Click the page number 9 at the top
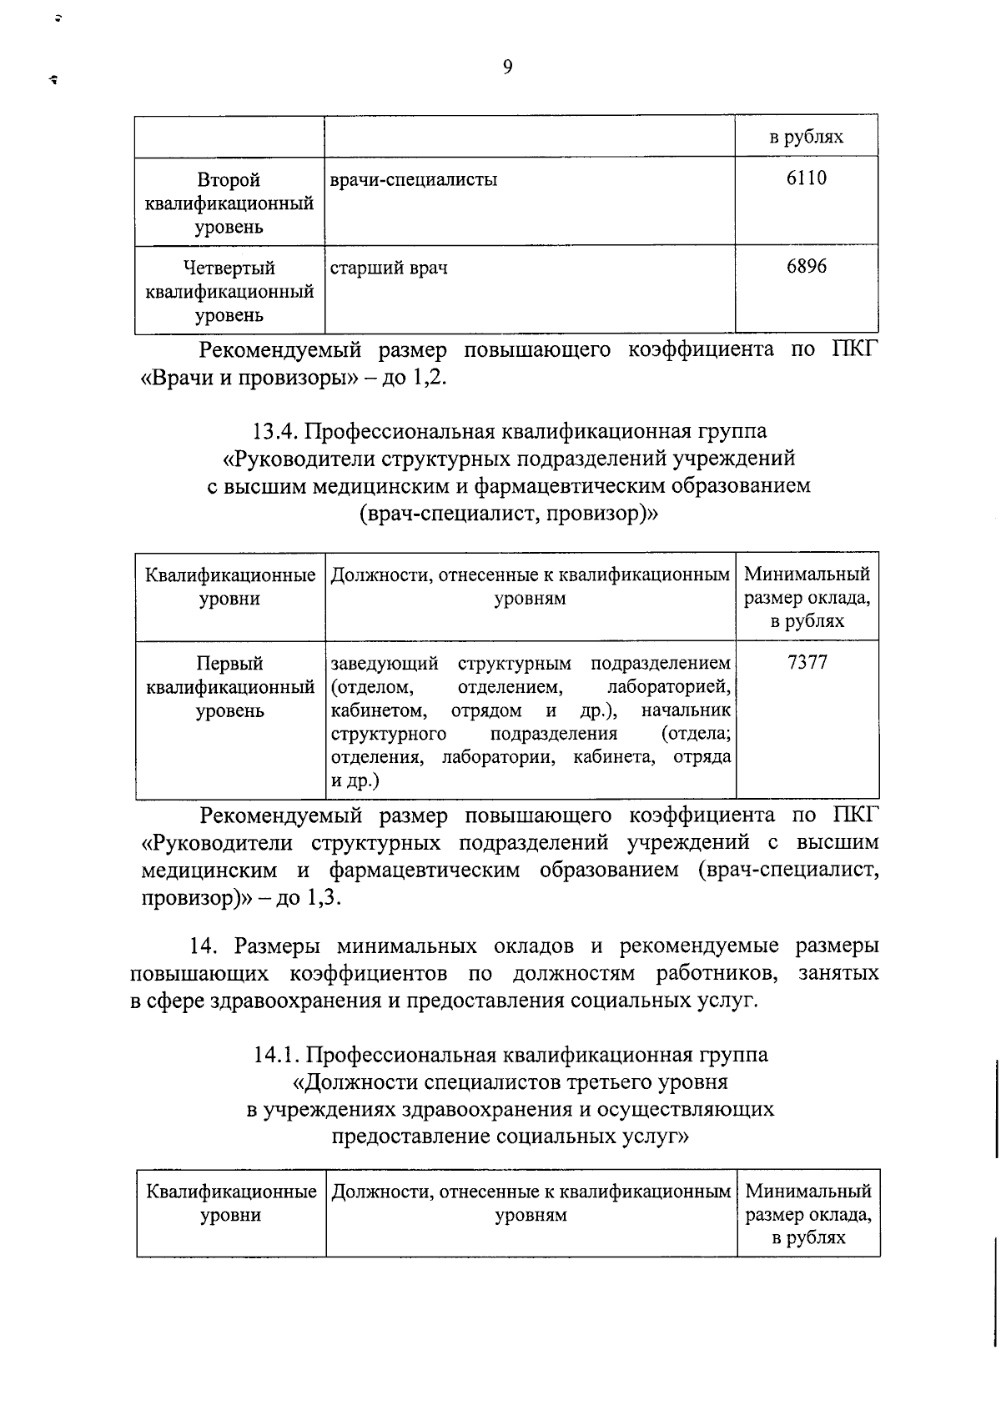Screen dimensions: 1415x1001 (507, 68)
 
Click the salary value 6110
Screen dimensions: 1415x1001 (806, 178)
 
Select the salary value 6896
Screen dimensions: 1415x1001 (806, 267)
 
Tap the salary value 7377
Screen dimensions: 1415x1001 (807, 663)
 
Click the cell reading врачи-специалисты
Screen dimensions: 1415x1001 (414, 180)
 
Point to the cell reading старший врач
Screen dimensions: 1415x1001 (389, 268)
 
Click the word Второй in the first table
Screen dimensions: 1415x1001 (229, 180)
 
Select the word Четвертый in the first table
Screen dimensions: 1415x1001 (229, 268)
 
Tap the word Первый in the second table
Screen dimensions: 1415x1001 (229, 664)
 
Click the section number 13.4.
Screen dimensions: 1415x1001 (274, 432)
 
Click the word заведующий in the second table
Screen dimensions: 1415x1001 (385, 664)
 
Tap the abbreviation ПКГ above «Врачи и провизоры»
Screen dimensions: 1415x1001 (855, 349)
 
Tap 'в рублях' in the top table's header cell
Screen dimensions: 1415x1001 (806, 137)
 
